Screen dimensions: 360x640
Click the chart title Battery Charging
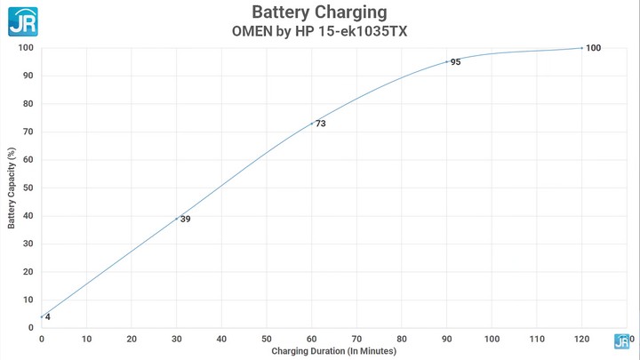coord(319,12)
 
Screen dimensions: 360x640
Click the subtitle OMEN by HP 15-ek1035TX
coord(319,30)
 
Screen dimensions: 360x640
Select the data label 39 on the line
coord(186,219)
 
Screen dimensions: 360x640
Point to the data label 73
coord(320,124)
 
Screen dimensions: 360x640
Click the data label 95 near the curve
coord(455,62)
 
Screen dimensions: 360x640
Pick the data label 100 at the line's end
coord(594,48)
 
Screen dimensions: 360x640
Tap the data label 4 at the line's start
coord(47,317)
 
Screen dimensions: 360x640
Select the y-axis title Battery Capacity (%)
coord(12,188)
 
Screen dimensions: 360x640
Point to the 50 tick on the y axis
coord(28,188)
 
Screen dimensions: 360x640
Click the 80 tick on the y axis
coord(28,103)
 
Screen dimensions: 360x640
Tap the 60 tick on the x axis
coord(311,339)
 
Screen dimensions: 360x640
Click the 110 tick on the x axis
coord(536,339)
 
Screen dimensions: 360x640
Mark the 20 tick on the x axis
coord(132,339)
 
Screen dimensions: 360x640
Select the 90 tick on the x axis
coord(446,339)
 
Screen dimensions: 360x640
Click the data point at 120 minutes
coord(581,48)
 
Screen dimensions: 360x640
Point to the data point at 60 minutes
coord(311,124)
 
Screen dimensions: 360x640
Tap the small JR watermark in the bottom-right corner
coord(622,340)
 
